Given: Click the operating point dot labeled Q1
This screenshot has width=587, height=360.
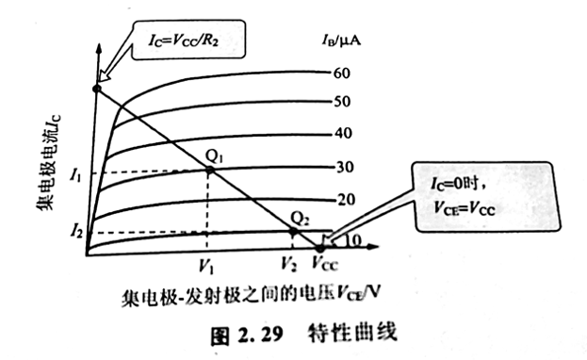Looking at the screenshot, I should [207, 171].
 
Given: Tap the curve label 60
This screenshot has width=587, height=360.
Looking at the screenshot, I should [342, 73].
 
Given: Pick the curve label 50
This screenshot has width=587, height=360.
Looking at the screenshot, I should [342, 102].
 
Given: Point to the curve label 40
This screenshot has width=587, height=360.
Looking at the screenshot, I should [342, 133].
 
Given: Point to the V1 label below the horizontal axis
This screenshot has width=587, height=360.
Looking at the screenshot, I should [207, 265].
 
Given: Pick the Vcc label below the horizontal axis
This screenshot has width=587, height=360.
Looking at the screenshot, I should [327, 265].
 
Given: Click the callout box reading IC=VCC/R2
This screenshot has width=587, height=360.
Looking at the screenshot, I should [188, 41].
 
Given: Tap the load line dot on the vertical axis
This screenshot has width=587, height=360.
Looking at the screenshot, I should [96, 88].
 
